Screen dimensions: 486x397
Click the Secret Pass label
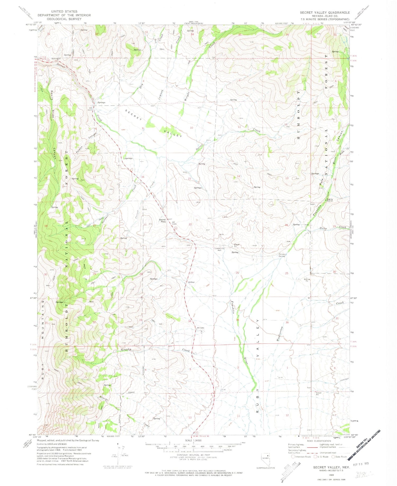click(x=162, y=221)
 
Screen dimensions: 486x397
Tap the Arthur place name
click(x=191, y=282)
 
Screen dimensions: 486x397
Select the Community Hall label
click(x=219, y=249)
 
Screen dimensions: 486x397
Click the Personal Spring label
click(x=282, y=255)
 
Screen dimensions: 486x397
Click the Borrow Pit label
click(x=307, y=280)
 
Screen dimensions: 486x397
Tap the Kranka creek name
click(x=126, y=350)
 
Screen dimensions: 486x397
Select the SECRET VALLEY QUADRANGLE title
click(x=324, y=12)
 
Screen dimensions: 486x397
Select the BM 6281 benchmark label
click(x=200, y=328)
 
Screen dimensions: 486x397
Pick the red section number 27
click(x=192, y=273)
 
